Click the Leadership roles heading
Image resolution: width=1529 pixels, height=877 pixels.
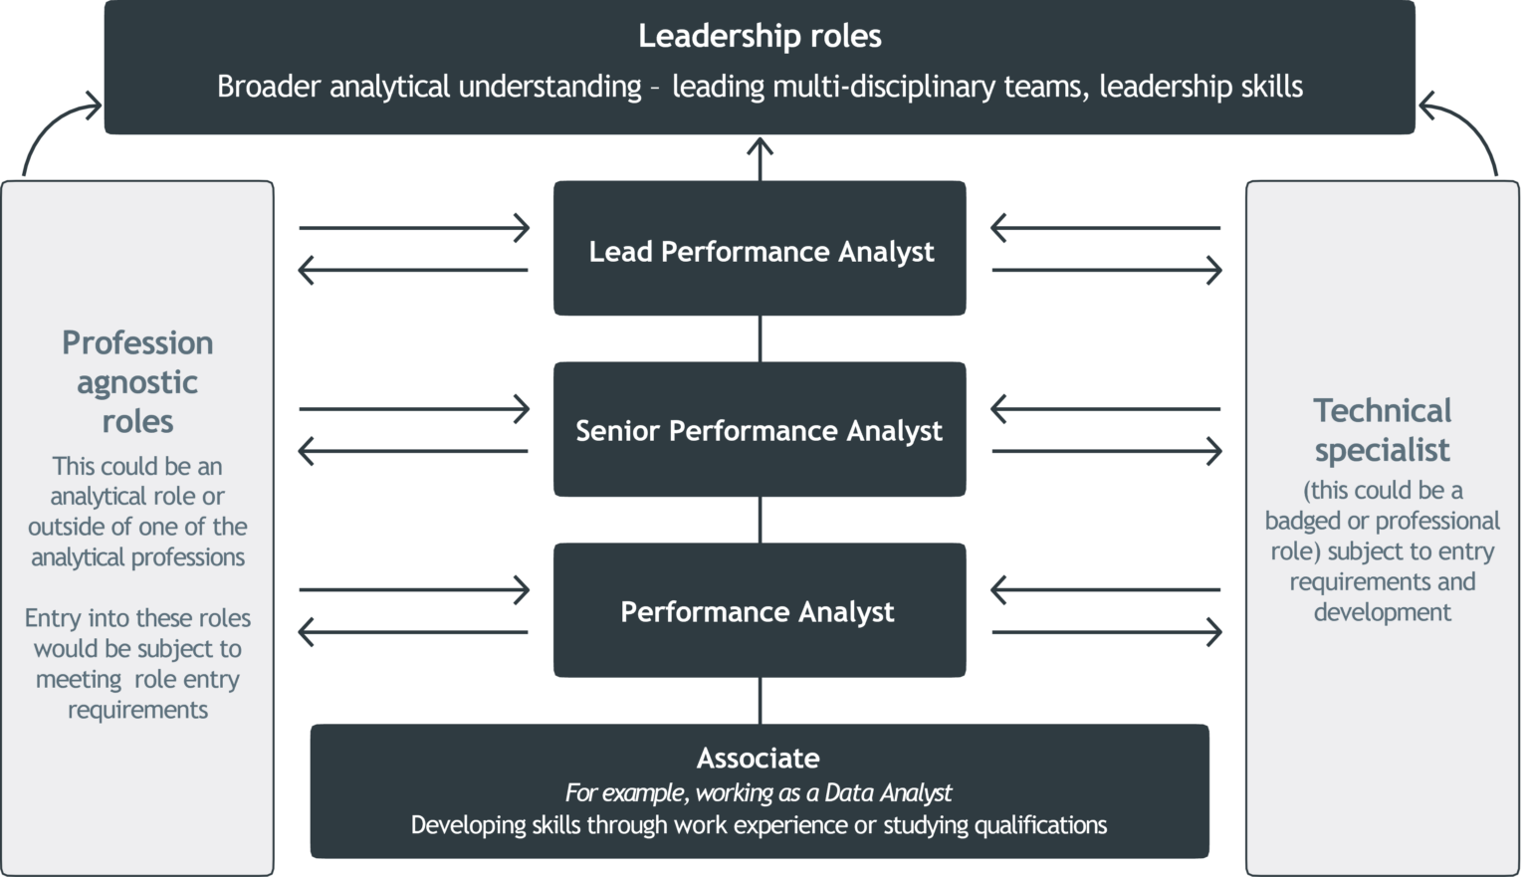[x=760, y=36]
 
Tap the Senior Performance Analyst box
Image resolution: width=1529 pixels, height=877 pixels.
[x=760, y=430]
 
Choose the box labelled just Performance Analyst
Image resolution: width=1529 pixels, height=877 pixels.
[x=760, y=610]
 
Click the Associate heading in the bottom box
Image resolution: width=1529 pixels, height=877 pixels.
[x=759, y=759]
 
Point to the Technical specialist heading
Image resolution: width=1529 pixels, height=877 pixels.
[x=1382, y=430]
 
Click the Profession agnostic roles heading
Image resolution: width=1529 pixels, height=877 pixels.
[x=137, y=382]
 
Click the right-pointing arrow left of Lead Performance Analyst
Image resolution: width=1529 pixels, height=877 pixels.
[x=414, y=228]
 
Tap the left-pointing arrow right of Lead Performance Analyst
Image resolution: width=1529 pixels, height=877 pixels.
[x=1105, y=228]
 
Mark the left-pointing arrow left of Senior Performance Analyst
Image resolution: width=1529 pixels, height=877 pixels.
[x=412, y=452]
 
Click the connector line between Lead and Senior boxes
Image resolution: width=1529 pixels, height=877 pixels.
[x=760, y=338]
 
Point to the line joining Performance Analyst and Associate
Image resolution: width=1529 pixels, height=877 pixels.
[x=760, y=701]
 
